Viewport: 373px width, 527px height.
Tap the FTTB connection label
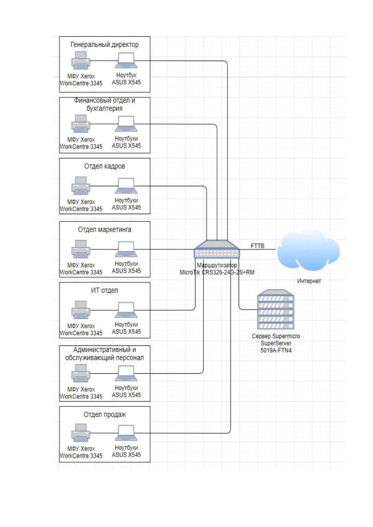[257, 246]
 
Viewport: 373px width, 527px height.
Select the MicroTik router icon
[217, 249]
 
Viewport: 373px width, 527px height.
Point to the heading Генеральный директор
[105, 44]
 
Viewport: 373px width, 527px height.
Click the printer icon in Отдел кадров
[81, 186]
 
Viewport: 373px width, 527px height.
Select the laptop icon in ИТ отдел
[126, 310]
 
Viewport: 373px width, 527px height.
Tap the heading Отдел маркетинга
[105, 229]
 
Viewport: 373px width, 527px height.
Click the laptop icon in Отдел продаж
[126, 433]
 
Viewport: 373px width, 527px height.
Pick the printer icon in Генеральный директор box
[81, 60]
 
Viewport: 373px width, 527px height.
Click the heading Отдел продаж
[105, 415]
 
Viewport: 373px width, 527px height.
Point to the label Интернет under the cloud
[309, 281]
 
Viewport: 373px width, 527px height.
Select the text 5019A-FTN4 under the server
[276, 350]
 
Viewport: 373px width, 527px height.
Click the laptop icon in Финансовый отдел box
[126, 124]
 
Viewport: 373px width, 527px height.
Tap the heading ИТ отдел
[105, 290]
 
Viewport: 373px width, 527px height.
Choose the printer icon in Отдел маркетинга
[81, 249]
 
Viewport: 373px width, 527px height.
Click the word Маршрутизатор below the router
[217, 265]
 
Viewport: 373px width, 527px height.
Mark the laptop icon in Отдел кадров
[126, 186]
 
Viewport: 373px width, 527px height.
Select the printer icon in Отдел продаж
[81, 433]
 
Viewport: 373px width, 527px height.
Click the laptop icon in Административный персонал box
[126, 373]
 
